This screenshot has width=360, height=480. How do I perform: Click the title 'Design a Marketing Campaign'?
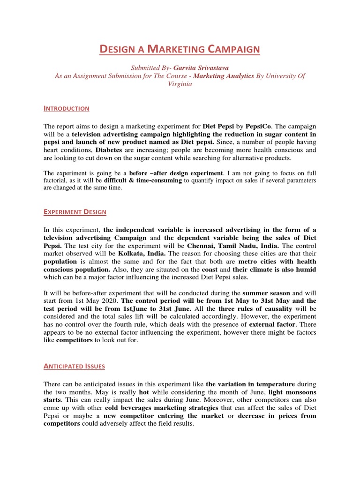click(180, 49)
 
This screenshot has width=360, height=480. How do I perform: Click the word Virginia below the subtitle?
click(180, 84)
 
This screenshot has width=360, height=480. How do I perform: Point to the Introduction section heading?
click(66, 108)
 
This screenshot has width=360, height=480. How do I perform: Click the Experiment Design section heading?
click(75, 212)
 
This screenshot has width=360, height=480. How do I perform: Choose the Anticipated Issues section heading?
click(74, 367)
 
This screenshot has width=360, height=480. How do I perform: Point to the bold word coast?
click(211, 270)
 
